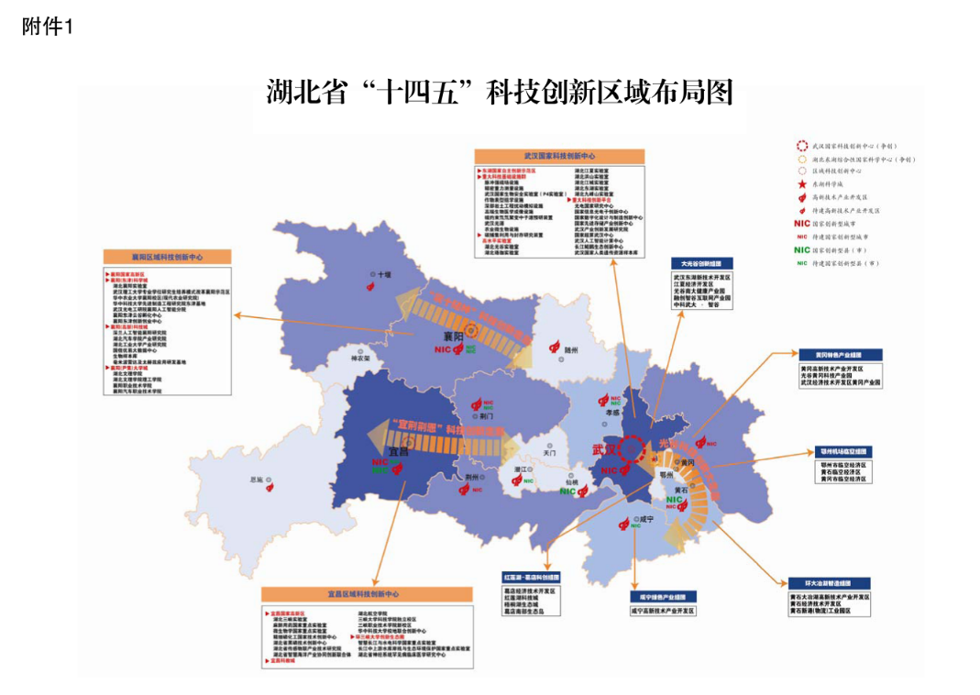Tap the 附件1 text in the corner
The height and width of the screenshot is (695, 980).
[x=47, y=28]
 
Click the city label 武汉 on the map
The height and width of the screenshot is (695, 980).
[x=605, y=450]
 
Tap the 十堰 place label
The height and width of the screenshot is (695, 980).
[x=381, y=273]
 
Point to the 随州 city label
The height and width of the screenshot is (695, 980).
[x=571, y=349]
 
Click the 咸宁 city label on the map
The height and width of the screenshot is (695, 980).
[x=645, y=519]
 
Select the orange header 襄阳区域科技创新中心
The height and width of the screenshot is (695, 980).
[x=168, y=258]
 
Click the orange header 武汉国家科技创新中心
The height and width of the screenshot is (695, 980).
[x=559, y=157]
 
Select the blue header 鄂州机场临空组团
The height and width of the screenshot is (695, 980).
[x=843, y=452]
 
